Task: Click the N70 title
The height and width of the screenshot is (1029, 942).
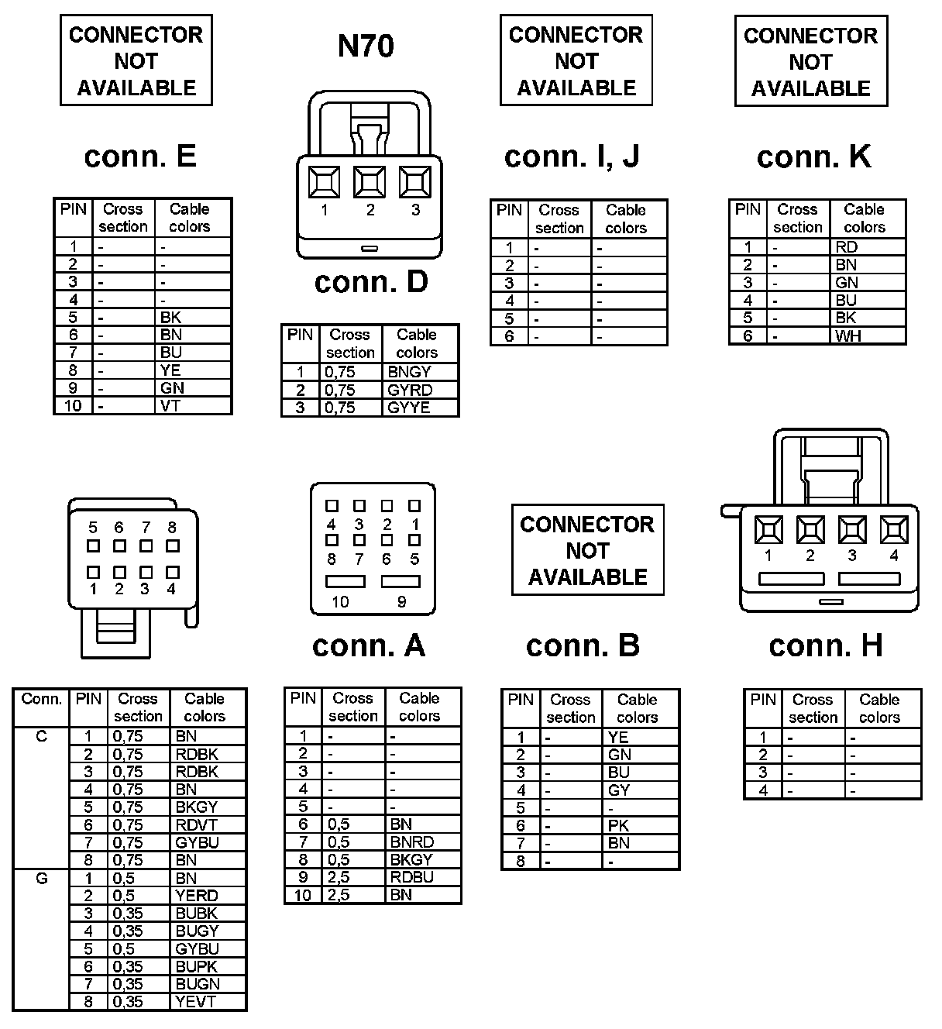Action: coord(366,46)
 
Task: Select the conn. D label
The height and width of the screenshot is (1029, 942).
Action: coord(371,282)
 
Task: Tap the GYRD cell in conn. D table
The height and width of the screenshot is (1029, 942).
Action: coord(410,390)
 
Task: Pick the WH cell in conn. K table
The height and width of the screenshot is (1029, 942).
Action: coord(848,336)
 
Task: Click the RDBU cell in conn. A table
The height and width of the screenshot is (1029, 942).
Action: coord(412,877)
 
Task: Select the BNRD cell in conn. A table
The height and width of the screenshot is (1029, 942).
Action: coord(412,842)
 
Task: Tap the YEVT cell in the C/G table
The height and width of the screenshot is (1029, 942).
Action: coord(196,1002)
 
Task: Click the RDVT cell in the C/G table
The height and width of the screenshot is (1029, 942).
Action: coord(196,825)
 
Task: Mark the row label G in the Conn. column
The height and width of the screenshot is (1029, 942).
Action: coord(42,879)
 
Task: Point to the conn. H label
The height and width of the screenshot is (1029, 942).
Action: coord(826,645)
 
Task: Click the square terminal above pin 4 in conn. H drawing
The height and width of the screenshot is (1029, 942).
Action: coord(894,530)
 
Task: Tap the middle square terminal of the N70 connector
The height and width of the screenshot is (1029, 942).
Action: coord(370,182)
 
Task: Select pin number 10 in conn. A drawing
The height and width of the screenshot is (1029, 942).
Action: coord(340,602)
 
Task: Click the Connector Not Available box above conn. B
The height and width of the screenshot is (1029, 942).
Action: coord(587,550)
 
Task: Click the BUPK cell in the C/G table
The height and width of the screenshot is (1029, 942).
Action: coord(196,967)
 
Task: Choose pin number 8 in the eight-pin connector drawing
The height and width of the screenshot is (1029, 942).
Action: coord(172,528)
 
